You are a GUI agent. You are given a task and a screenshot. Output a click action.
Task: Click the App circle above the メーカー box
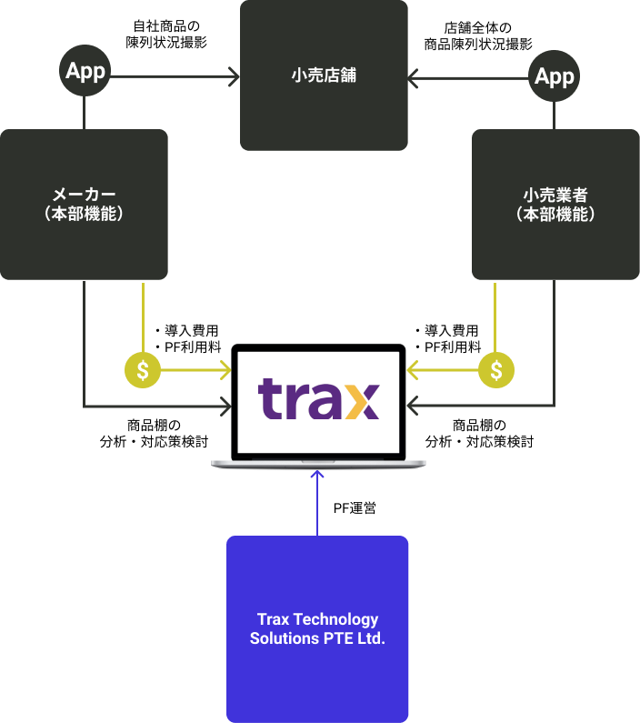pyautogui.click(x=85, y=71)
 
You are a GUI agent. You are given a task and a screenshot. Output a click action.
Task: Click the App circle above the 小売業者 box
pyautogui.click(x=555, y=76)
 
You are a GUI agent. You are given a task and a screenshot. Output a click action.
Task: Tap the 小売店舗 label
pyautogui.click(x=324, y=75)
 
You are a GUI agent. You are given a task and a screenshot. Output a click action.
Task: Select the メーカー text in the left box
pyautogui.click(x=84, y=194)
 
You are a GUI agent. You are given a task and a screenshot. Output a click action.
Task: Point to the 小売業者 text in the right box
pyautogui.click(x=555, y=194)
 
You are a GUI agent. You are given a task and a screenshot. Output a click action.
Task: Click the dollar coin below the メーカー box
pyautogui.click(x=143, y=370)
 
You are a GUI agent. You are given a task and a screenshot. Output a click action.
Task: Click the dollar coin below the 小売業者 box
pyautogui.click(x=495, y=370)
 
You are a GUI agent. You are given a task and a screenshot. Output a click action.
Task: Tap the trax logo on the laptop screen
pyautogui.click(x=318, y=400)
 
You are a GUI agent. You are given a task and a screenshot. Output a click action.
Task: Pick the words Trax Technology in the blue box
pyautogui.click(x=317, y=619)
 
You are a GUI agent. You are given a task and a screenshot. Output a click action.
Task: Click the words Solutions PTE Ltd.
pyautogui.click(x=317, y=638)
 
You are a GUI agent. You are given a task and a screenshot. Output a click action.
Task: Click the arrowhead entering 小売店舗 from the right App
pyautogui.click(x=414, y=79)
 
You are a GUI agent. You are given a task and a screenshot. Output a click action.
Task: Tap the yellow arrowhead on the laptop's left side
pyautogui.click(x=225, y=370)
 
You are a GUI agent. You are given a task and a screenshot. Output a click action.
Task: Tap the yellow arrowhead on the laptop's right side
pyautogui.click(x=412, y=370)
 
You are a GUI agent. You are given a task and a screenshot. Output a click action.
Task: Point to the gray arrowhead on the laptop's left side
pyautogui.click(x=225, y=407)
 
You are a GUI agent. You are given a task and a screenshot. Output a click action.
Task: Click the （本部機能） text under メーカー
pyautogui.click(x=84, y=215)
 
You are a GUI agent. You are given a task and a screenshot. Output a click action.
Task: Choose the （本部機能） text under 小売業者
pyautogui.click(x=555, y=215)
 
